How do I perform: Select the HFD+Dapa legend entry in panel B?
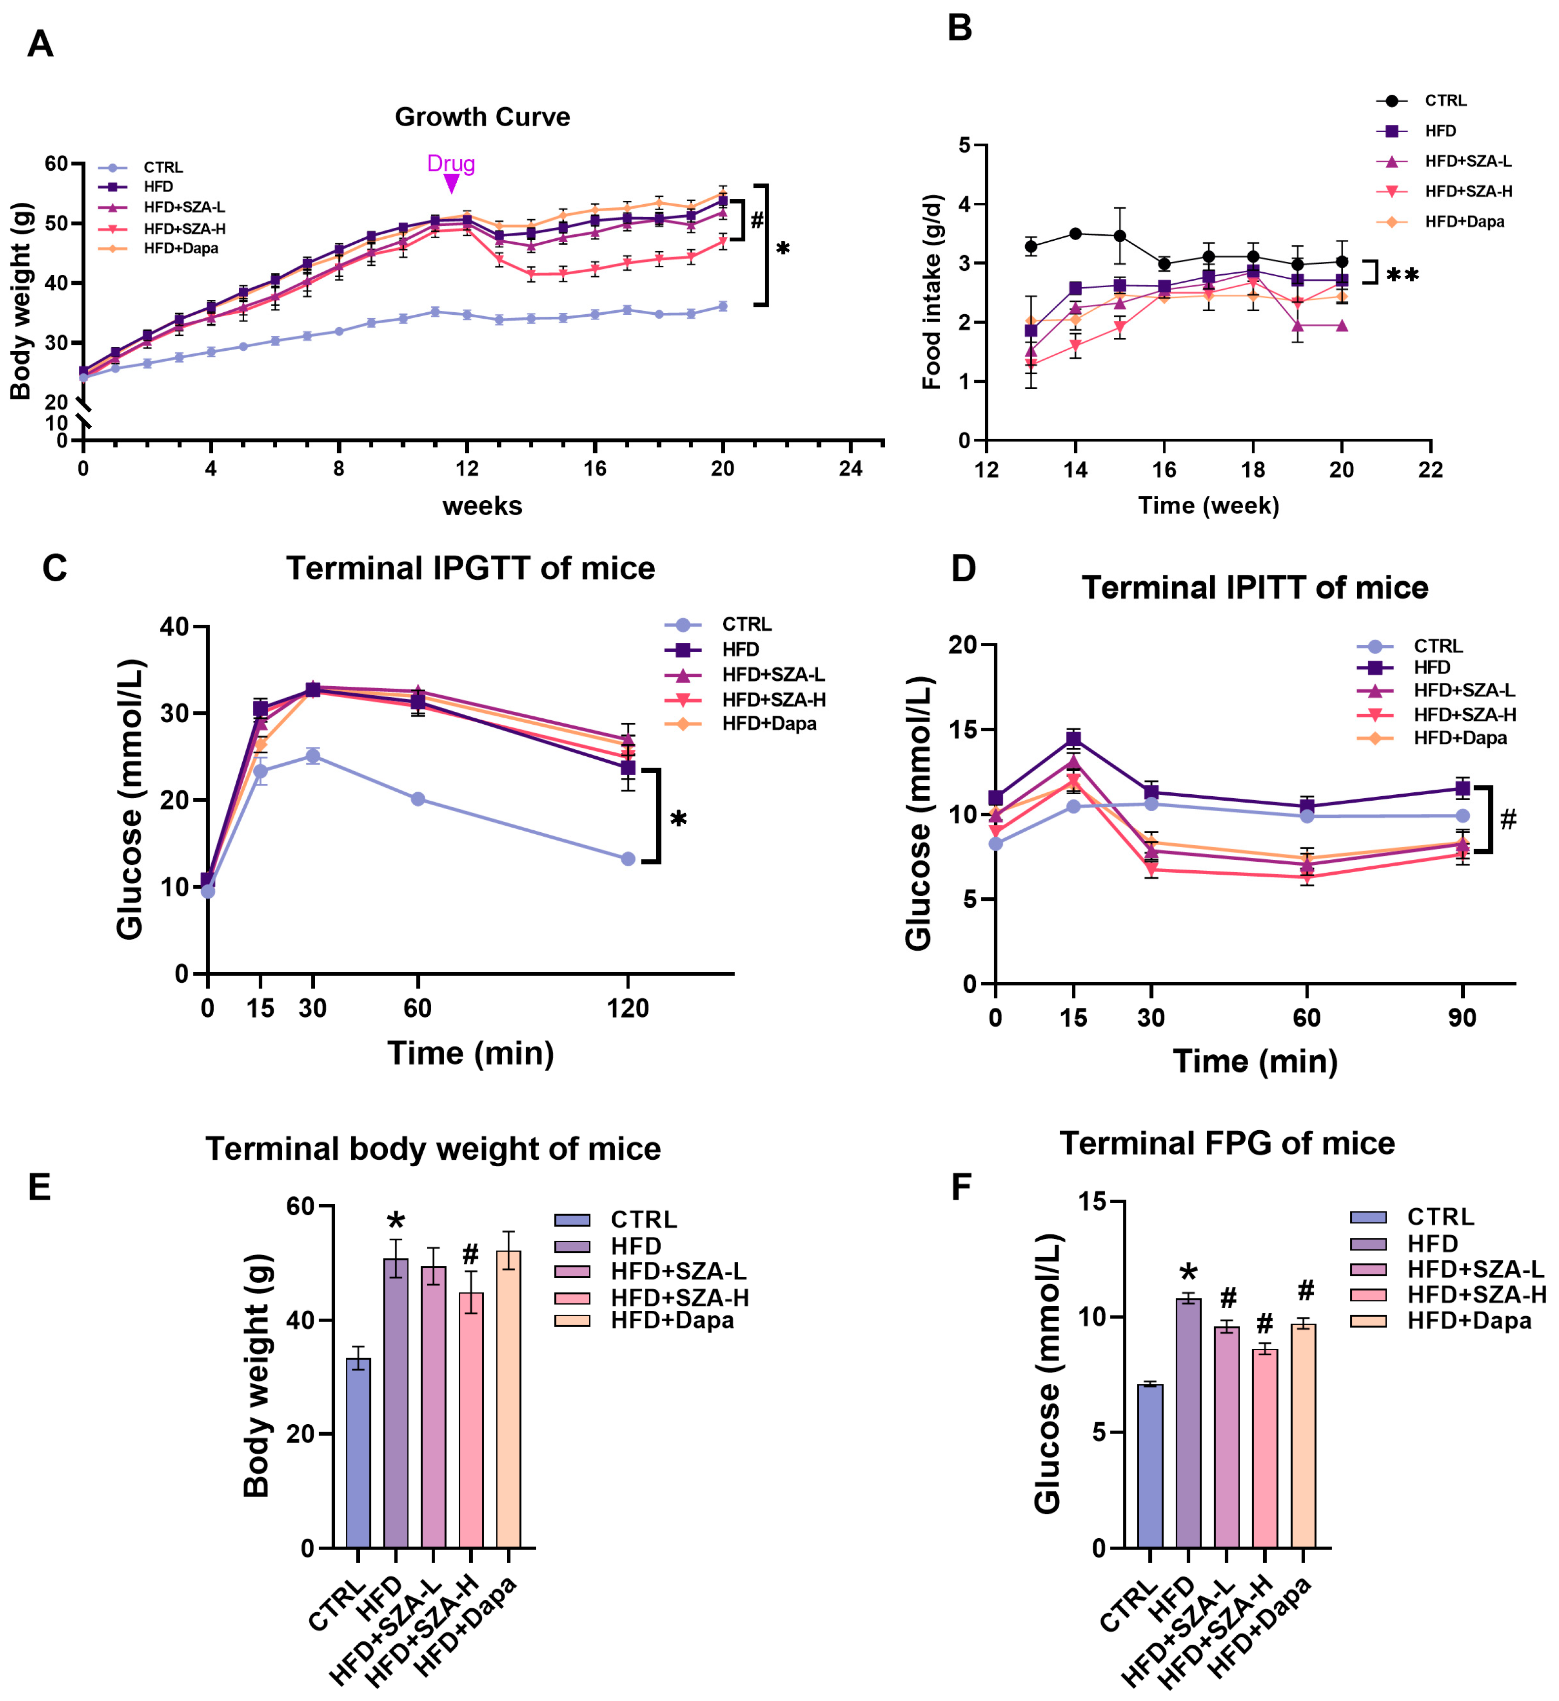point(1464,222)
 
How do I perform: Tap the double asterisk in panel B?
point(1402,275)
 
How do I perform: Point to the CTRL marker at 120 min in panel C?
point(628,859)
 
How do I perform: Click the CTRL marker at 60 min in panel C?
point(417,799)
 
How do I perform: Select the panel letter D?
point(963,569)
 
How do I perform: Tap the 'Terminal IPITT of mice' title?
point(1255,588)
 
